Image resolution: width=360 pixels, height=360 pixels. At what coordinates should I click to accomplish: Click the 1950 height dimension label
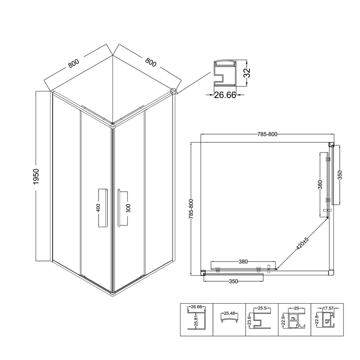36,176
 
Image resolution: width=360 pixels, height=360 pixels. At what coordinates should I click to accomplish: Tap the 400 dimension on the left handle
98,208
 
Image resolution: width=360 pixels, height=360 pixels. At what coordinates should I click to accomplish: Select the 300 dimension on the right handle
128,208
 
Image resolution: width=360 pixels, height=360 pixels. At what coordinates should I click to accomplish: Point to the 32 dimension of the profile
247,73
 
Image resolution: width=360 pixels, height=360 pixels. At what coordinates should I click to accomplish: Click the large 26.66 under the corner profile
225,95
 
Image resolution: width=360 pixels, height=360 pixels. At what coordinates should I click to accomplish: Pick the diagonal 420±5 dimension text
302,243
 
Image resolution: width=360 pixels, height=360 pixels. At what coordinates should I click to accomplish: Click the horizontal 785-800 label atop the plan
267,134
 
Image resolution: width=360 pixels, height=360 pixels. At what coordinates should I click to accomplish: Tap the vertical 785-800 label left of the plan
191,208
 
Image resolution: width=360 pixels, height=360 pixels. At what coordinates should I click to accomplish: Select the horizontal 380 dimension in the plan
243,261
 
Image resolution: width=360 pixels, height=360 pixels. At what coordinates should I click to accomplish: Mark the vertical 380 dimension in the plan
320,184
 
